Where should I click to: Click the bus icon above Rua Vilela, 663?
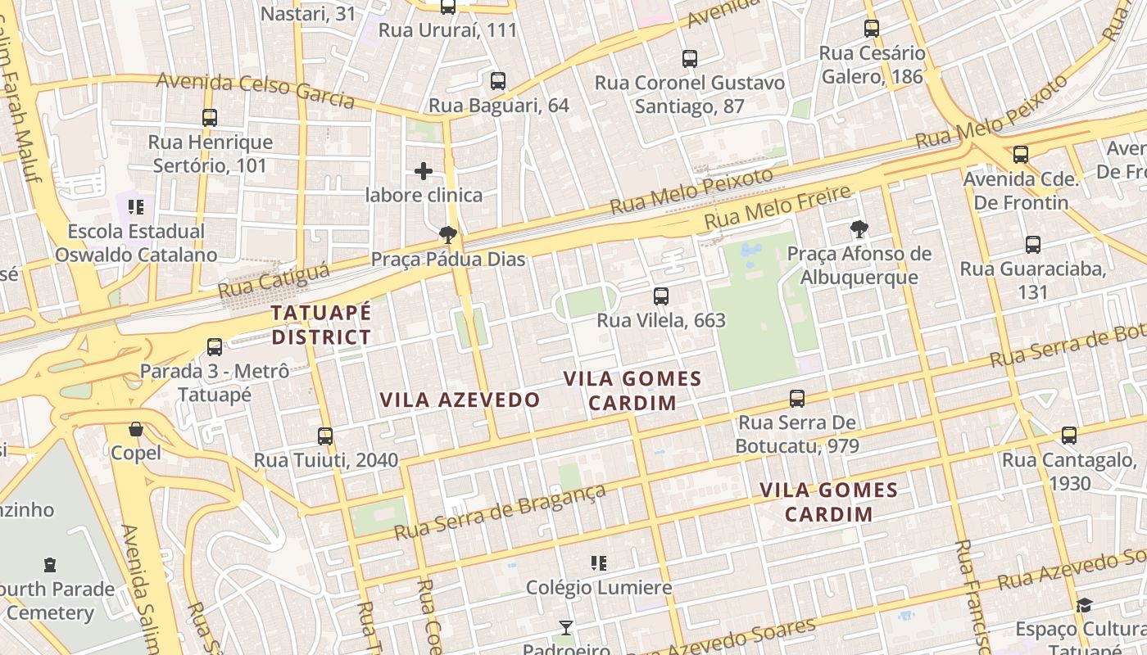tap(661, 296)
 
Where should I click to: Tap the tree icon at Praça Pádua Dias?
tap(448, 236)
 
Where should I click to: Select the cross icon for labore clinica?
tap(424, 171)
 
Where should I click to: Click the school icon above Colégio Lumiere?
tap(599, 563)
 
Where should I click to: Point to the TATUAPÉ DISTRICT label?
tap(321, 325)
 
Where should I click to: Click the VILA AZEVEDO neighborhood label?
tap(460, 400)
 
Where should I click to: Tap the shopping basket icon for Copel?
tap(136, 429)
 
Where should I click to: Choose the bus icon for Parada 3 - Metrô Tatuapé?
tap(215, 347)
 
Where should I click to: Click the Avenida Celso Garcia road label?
tap(255, 89)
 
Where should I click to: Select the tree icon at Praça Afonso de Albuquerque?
tap(859, 229)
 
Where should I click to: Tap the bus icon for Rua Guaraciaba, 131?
tap(1033, 245)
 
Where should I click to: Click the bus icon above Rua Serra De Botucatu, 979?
tap(797, 399)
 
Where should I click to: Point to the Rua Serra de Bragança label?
tap(500, 513)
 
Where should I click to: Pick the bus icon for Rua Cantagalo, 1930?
tap(1069, 436)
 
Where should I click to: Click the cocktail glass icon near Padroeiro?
tap(565, 628)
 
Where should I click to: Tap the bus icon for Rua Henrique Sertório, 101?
tap(210, 118)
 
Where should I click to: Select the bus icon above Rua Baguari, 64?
tap(498, 81)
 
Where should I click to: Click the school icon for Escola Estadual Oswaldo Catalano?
tap(136, 206)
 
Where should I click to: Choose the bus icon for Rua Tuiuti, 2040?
tap(325, 436)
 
